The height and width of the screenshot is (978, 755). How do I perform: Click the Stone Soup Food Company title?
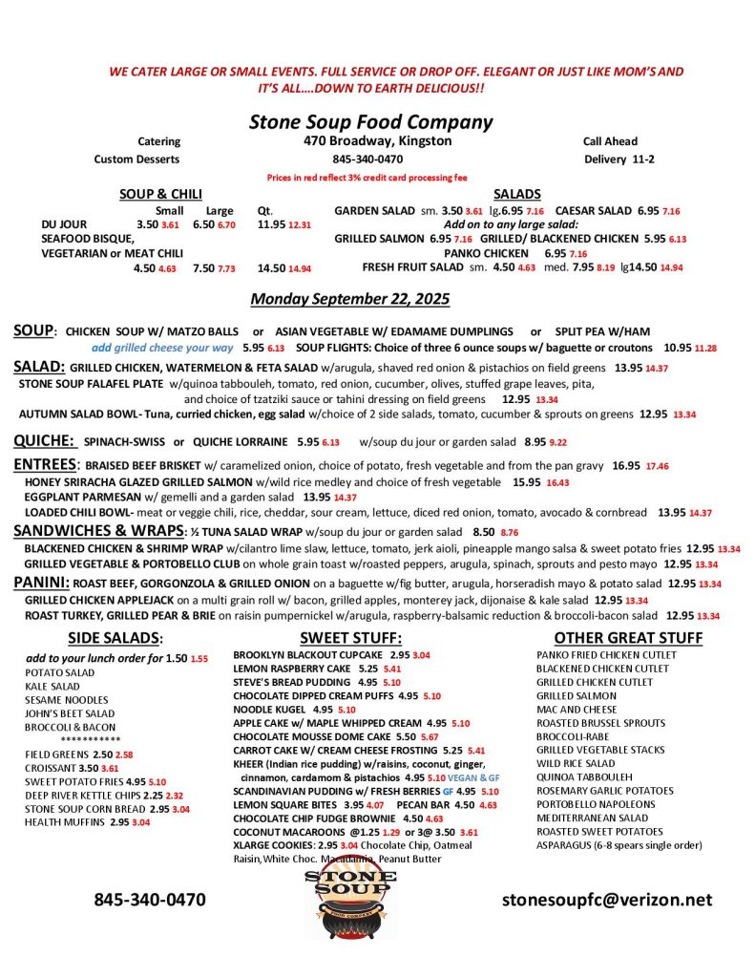(x=370, y=122)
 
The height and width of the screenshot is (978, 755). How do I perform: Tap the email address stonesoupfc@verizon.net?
(x=607, y=900)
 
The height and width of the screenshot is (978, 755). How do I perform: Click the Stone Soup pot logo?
(x=351, y=900)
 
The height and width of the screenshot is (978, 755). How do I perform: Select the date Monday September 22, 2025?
(x=349, y=299)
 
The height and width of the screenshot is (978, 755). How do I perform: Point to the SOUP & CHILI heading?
(x=160, y=194)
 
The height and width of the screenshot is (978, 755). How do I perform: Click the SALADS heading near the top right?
(x=518, y=194)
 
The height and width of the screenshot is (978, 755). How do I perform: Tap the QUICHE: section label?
(x=45, y=441)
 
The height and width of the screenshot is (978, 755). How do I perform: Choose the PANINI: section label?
(x=41, y=582)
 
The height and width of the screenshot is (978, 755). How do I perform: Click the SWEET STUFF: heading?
(x=350, y=637)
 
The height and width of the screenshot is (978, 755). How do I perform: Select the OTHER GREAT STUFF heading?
(x=628, y=637)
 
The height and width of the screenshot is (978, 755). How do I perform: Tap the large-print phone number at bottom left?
(x=149, y=900)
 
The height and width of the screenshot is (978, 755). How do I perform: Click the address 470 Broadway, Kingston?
(x=371, y=141)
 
